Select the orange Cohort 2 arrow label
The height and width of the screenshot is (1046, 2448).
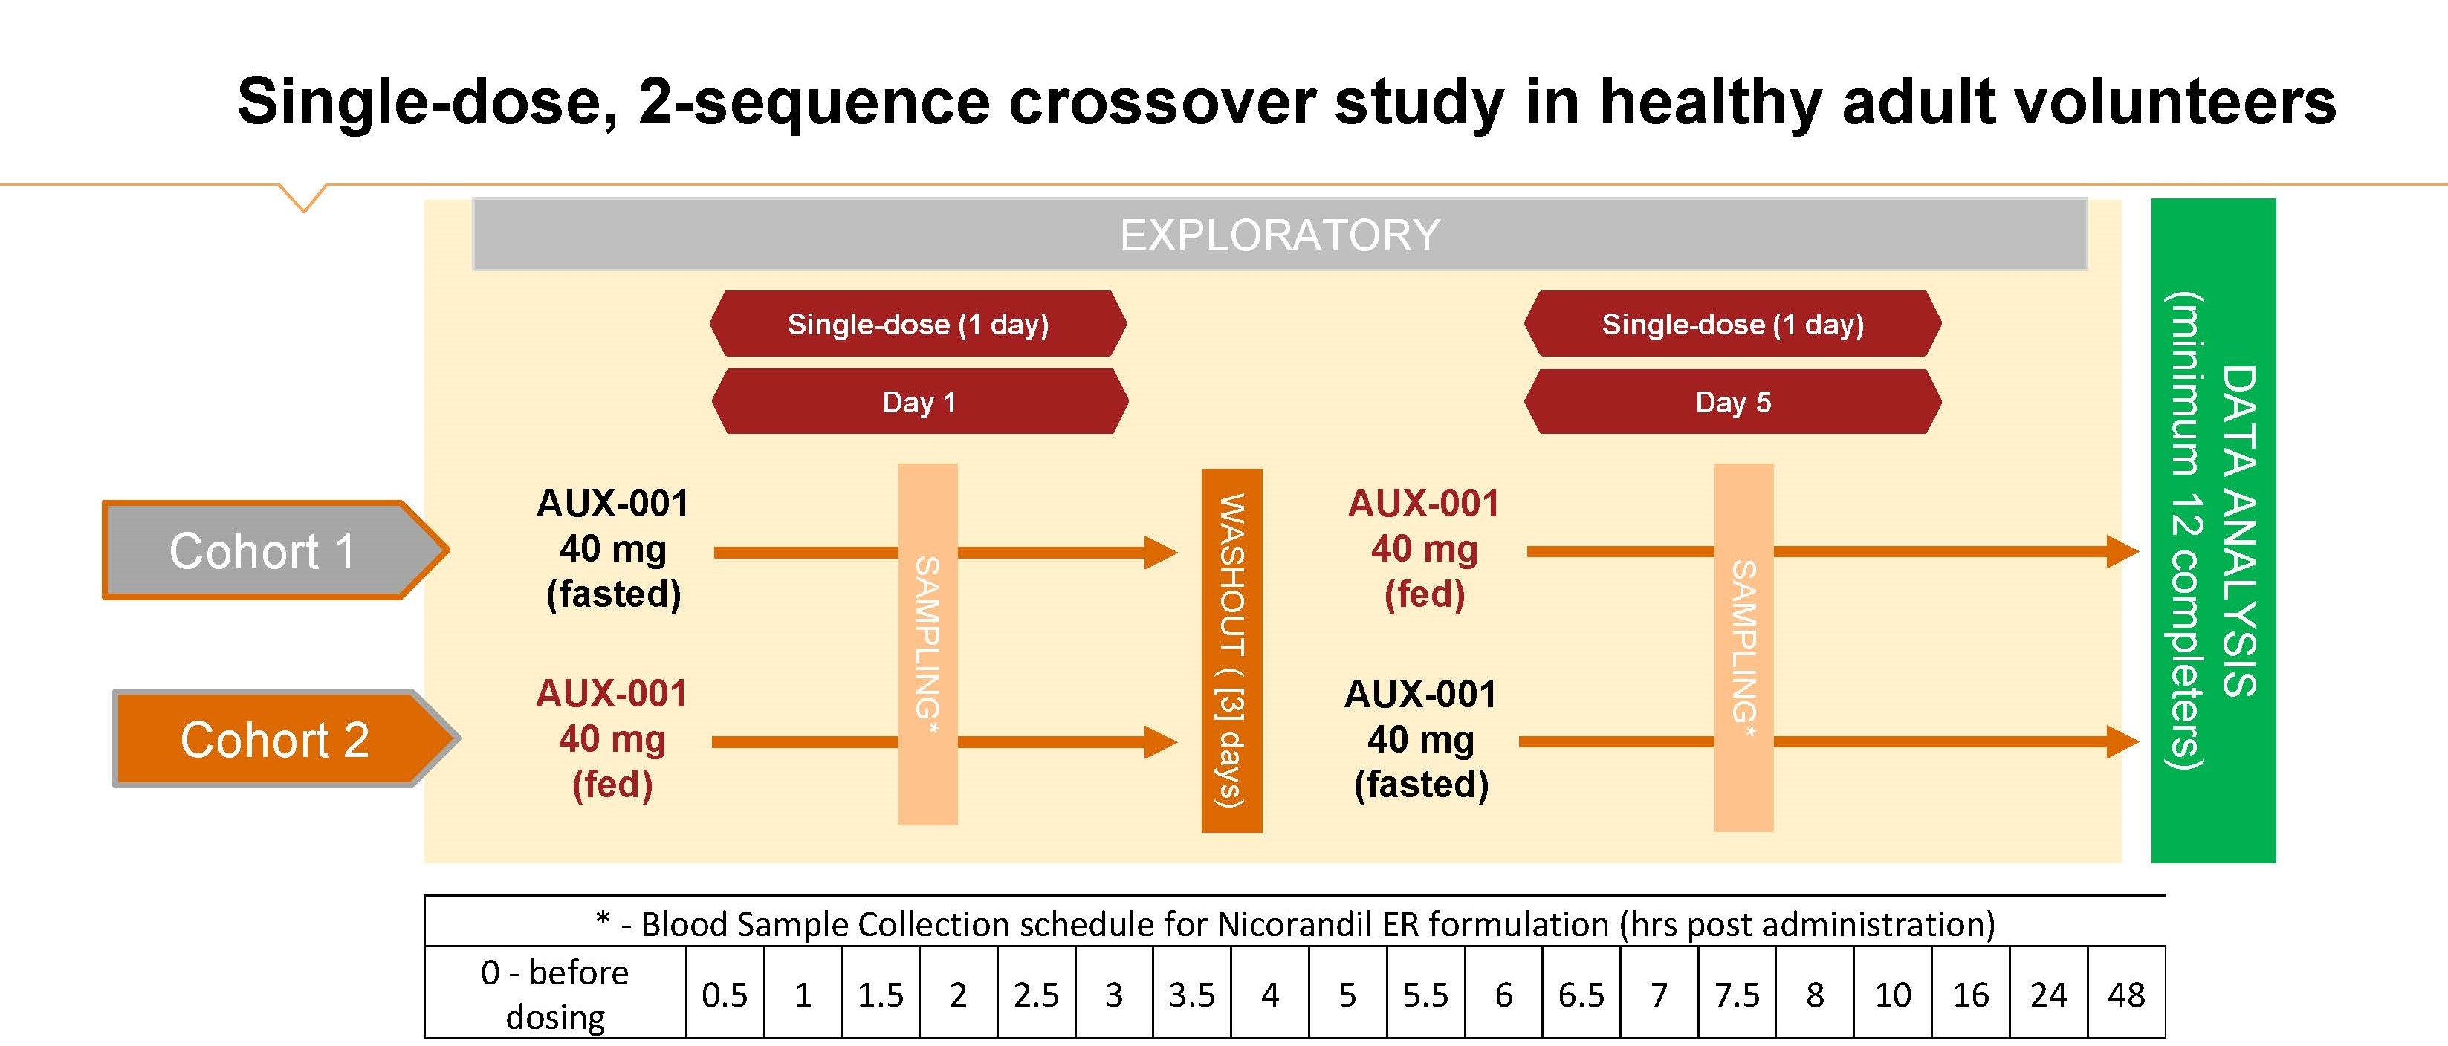click(280, 740)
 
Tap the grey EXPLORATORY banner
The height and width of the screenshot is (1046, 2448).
click(1279, 235)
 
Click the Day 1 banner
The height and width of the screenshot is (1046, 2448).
click(919, 402)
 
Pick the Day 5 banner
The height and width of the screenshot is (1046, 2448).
click(1732, 402)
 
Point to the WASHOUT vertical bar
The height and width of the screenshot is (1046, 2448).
click(1231, 650)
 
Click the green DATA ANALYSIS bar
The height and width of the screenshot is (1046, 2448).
click(2212, 530)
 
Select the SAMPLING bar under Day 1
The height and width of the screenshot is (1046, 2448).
click(927, 643)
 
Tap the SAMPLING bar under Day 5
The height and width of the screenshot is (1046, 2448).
click(1743, 647)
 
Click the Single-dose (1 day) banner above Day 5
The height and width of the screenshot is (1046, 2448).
click(1732, 324)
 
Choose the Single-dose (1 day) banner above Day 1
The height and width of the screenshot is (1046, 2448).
click(918, 324)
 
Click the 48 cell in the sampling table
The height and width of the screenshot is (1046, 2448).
click(2126, 995)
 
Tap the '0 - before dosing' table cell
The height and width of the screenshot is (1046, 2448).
click(555, 994)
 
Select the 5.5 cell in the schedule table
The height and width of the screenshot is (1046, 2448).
click(1425, 995)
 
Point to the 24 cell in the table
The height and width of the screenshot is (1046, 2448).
click(2048, 995)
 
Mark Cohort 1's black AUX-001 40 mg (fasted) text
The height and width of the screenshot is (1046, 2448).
click(613, 549)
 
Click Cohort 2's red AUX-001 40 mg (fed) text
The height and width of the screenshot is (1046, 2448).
click(612, 739)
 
